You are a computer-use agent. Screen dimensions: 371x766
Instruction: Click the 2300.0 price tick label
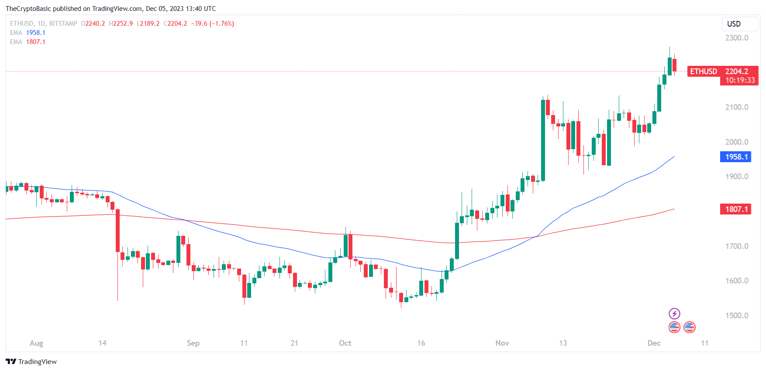coord(737,38)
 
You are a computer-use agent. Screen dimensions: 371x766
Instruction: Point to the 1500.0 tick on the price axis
coord(737,316)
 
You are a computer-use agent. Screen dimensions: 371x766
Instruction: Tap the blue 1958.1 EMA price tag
coord(736,157)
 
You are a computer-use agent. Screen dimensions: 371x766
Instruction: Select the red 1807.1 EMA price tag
coord(736,209)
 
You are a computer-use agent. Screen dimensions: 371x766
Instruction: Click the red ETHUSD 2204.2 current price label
coord(722,71)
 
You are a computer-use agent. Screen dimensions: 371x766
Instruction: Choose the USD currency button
coord(734,24)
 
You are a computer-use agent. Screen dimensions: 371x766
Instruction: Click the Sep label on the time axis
coord(193,343)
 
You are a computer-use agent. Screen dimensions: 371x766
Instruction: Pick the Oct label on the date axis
coord(345,343)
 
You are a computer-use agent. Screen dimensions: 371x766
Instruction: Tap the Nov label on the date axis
coord(502,343)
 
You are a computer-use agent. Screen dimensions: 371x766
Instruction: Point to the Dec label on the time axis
coord(654,343)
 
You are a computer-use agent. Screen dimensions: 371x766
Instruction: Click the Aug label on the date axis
coord(36,343)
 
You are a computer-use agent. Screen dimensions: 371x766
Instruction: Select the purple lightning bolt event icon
coord(674,313)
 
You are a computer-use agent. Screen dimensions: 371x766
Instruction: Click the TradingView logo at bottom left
coord(31,362)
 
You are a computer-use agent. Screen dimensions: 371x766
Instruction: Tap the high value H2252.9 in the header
coord(121,24)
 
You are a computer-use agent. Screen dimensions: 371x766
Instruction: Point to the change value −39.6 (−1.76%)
coord(212,24)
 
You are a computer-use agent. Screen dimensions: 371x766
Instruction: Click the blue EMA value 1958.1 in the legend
coord(36,33)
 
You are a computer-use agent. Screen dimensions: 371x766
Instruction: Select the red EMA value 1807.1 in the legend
coord(36,42)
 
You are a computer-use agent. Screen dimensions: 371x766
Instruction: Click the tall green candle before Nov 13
coord(543,140)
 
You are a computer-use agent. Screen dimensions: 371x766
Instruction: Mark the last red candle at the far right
coord(675,65)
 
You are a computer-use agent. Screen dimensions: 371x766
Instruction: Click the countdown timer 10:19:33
coord(740,80)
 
